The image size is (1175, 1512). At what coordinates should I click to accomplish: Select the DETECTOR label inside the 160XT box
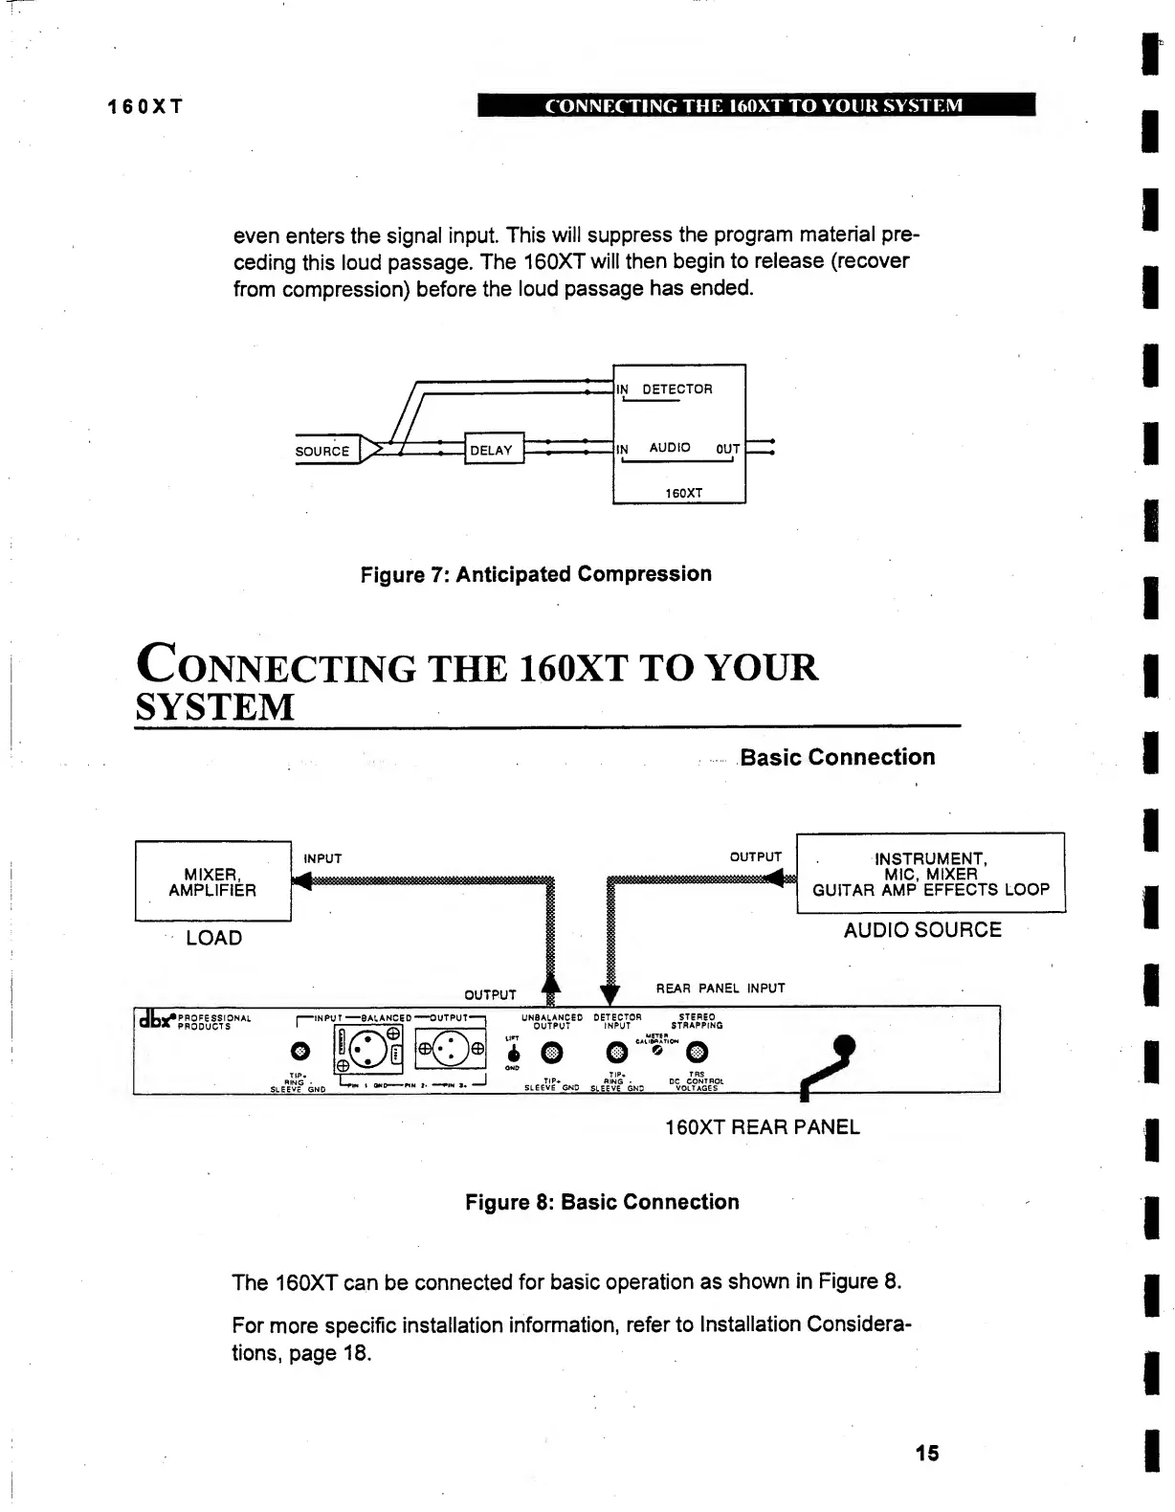pos(676,389)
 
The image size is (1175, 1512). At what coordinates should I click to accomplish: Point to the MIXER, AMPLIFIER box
pos(212,881)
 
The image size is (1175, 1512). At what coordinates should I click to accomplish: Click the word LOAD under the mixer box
pos(214,938)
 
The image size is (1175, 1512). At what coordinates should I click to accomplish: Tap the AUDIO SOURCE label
pos(922,930)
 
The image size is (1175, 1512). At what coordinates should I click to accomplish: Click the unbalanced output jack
pos(552,1053)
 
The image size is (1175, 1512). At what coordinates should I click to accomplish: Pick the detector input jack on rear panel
pos(618,1053)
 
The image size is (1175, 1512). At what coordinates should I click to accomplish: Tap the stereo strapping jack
pos(698,1053)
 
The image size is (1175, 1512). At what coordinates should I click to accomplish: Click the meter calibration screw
pos(657,1051)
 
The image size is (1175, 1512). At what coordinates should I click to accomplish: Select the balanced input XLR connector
pos(366,1052)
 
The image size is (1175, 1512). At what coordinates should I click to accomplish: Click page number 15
pos(926,1453)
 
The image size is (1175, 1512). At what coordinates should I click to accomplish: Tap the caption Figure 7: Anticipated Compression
pos(536,574)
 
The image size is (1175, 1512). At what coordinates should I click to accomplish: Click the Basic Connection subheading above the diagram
pos(837,757)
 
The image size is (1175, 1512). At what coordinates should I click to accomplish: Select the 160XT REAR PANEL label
pos(763,1126)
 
